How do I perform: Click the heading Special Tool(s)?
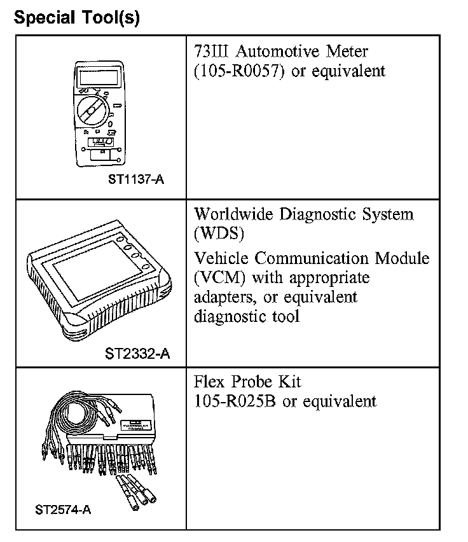click(76, 17)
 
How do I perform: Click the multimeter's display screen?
click(92, 79)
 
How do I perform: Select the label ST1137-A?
click(135, 179)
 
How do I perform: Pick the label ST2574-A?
click(63, 510)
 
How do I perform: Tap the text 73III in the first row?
click(212, 51)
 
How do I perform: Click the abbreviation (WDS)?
click(219, 233)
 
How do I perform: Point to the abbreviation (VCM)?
click(220, 278)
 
